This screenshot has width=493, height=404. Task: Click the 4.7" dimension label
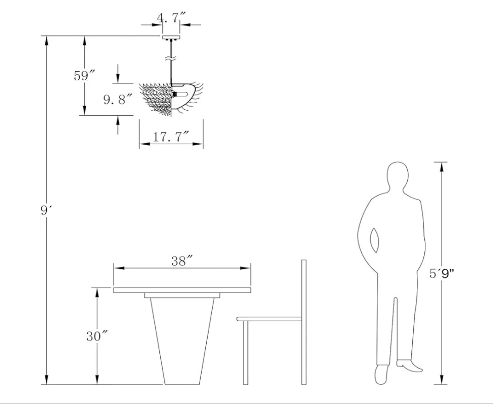click(x=167, y=18)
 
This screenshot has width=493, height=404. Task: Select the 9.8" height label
click(x=118, y=99)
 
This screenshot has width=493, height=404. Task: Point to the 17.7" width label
click(x=171, y=137)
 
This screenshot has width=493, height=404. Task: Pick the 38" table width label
click(x=182, y=261)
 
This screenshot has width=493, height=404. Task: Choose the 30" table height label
click(x=97, y=336)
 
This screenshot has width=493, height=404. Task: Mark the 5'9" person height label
click(x=442, y=273)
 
